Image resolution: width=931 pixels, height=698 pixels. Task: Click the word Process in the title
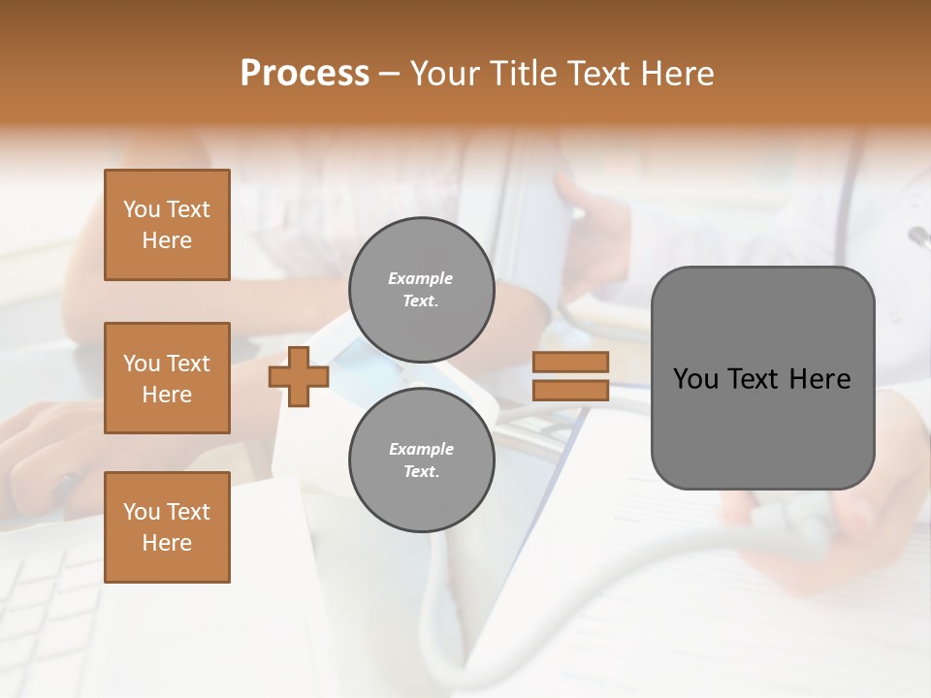[305, 74]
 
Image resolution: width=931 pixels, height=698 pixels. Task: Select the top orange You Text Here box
[167, 225]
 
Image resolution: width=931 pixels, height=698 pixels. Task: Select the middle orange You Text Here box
[167, 378]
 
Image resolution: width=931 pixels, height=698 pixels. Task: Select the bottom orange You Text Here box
[167, 527]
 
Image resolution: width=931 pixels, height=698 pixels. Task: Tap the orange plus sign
[299, 376]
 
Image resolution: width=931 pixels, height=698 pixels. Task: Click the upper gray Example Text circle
[421, 290]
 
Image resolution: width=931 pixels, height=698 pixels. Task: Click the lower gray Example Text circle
[421, 460]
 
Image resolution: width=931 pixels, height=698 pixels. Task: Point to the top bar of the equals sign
[570, 362]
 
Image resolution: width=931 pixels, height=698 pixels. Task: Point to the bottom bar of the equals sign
[570, 391]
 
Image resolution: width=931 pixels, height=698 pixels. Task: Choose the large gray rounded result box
[762, 378]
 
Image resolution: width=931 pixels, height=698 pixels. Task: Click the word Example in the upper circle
[421, 278]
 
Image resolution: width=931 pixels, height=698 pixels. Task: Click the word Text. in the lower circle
[421, 472]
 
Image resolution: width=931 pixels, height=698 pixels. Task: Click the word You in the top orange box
[142, 209]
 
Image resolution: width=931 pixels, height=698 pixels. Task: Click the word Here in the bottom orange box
[167, 543]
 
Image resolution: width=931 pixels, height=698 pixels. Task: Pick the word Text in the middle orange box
[187, 364]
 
